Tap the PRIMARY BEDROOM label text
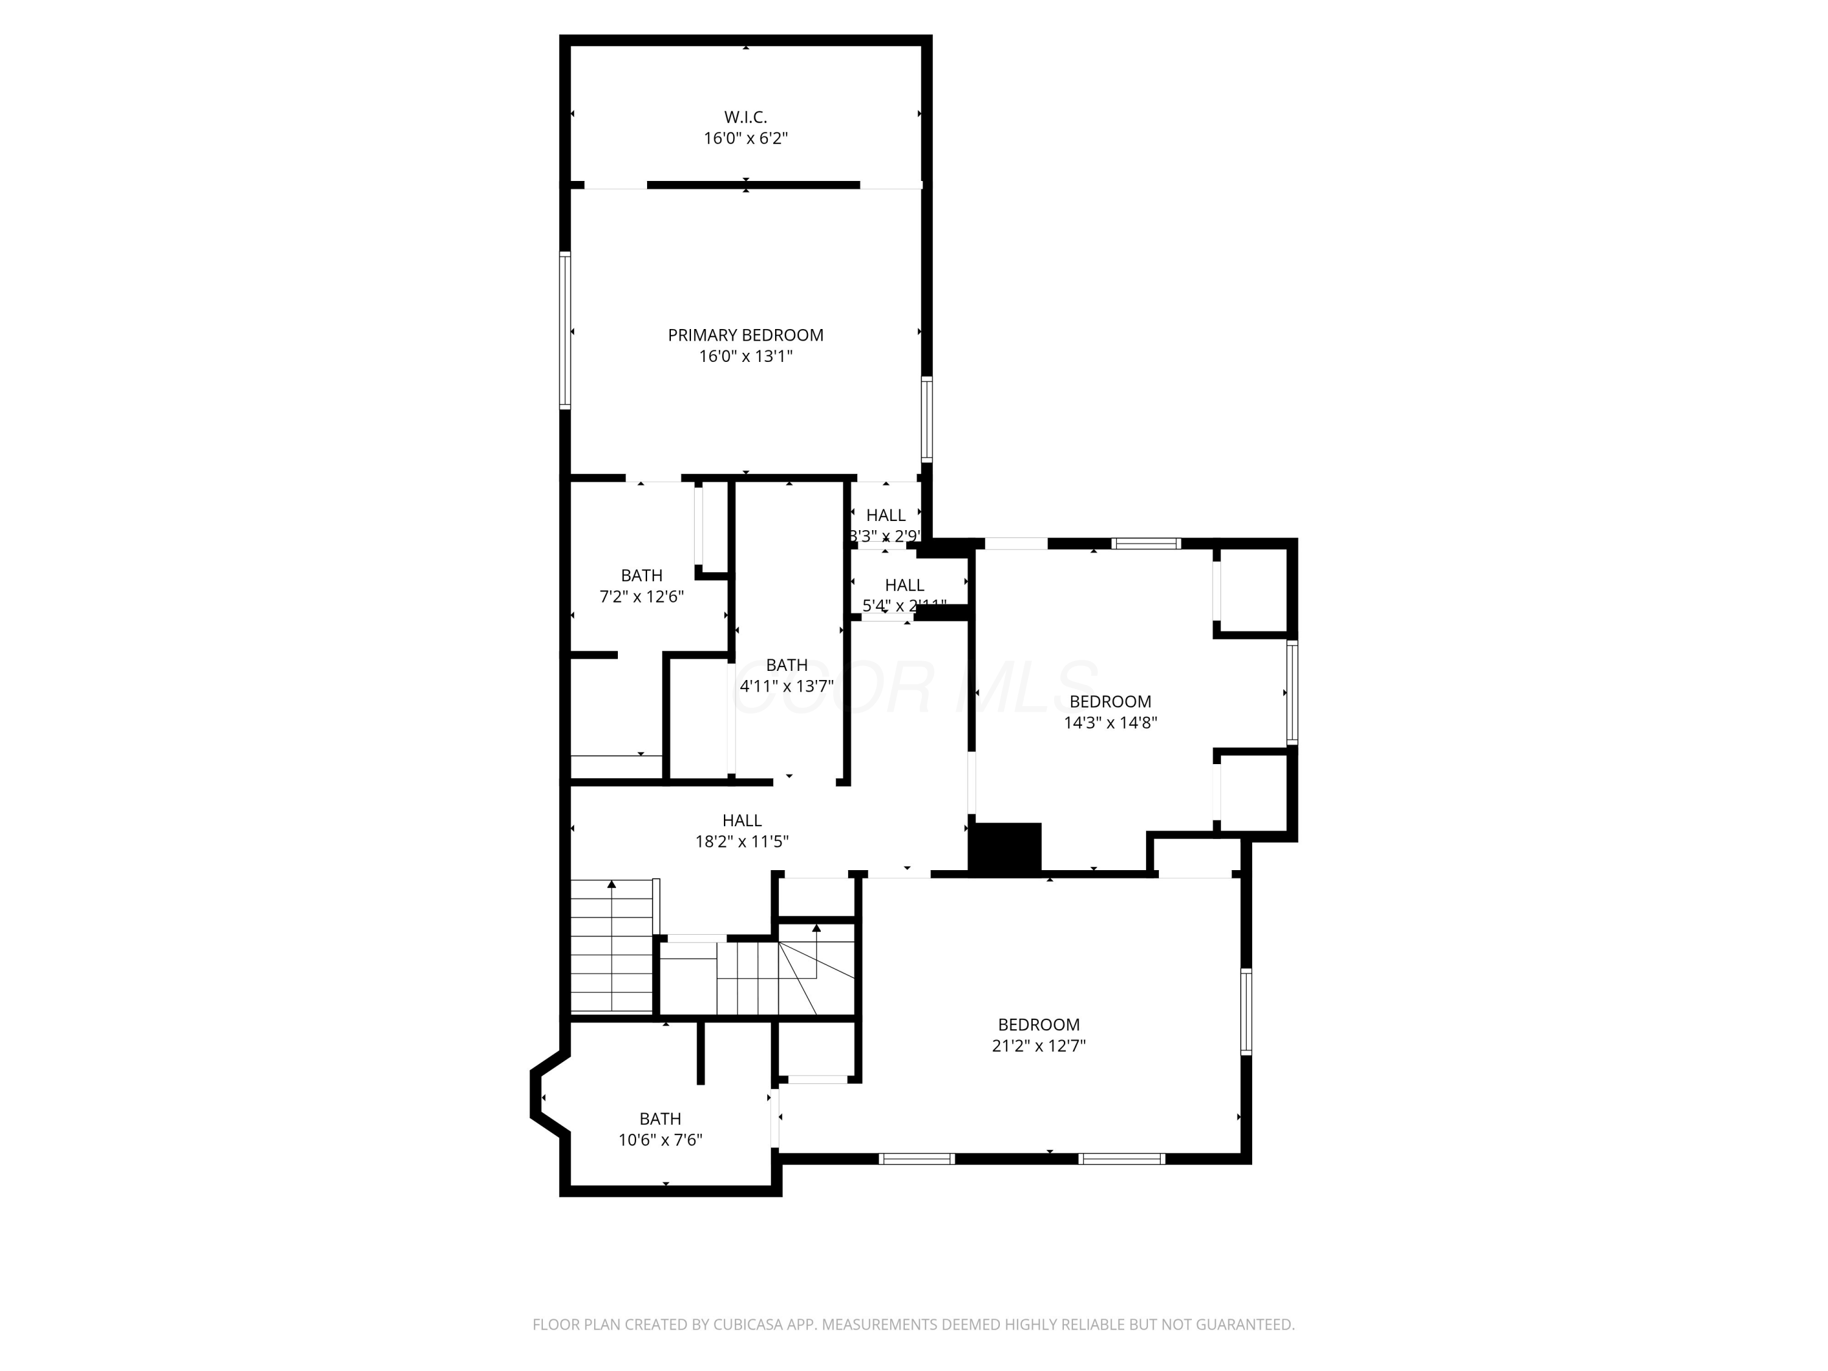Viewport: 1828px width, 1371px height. [745, 335]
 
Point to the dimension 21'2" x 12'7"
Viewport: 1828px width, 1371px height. [1038, 1046]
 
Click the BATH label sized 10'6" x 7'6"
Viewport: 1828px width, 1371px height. [661, 1118]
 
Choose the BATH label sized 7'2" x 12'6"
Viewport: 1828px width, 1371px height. [641, 575]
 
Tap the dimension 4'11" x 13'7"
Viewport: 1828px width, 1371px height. [786, 686]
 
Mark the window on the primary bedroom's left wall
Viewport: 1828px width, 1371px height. [565, 330]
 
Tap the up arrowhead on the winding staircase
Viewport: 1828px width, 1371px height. [817, 928]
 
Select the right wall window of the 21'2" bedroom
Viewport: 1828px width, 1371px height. [1246, 1011]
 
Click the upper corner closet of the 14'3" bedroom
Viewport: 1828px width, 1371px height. [1253, 589]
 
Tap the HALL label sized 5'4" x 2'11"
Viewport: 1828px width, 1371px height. [904, 585]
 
